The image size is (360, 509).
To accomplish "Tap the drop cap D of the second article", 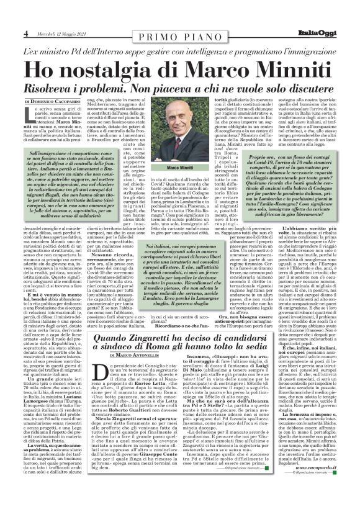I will pyautogui.click(x=97, y=370).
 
